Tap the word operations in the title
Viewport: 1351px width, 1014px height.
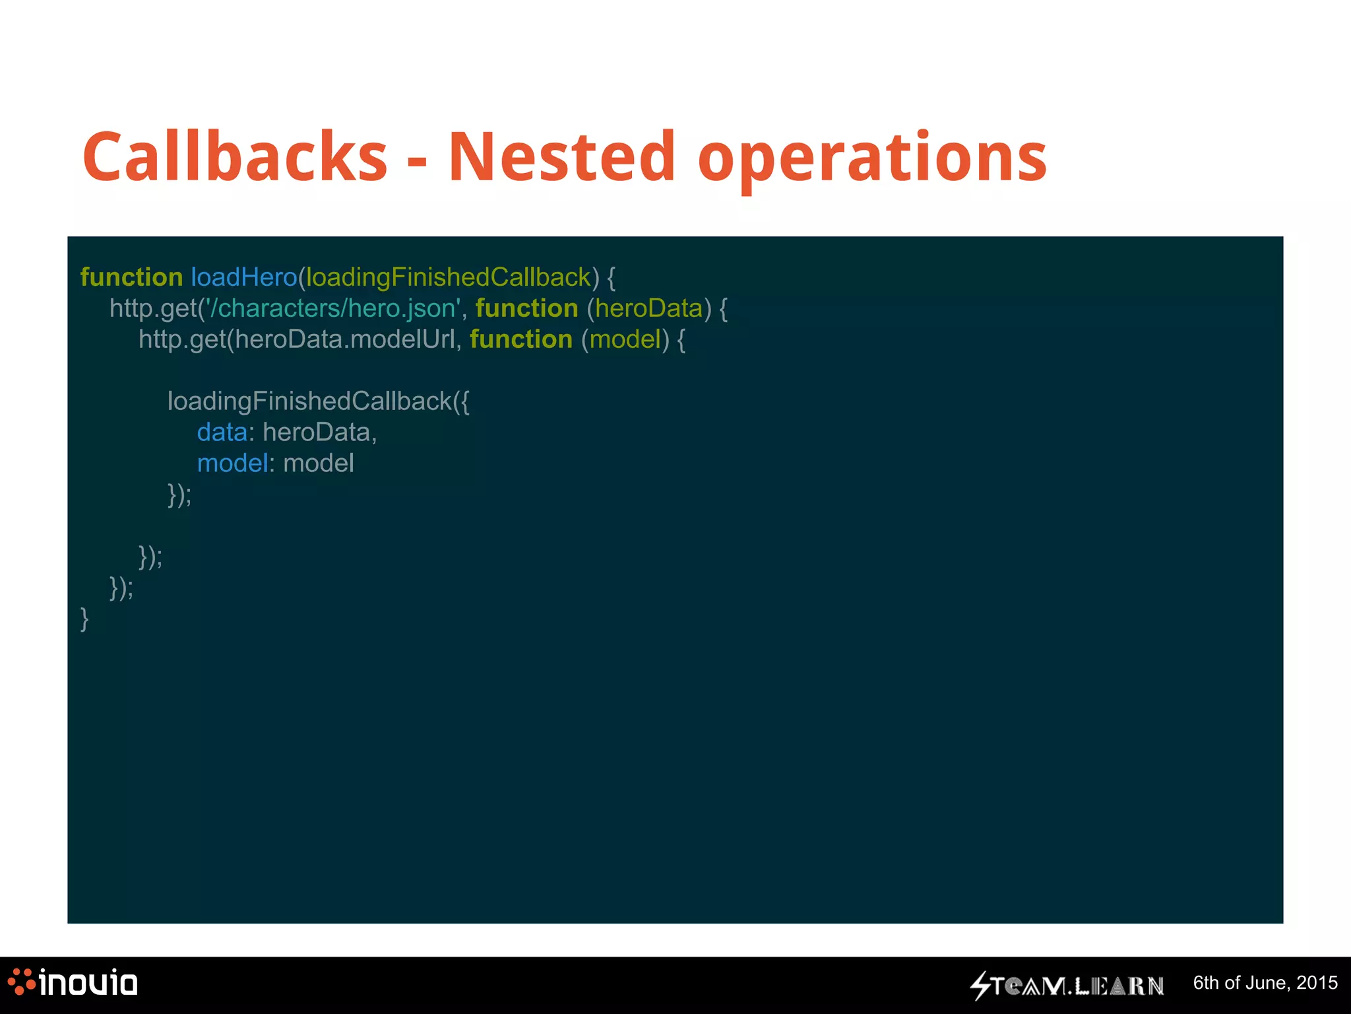pos(872,158)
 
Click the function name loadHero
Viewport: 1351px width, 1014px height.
pos(244,277)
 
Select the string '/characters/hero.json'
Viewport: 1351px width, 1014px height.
pos(332,308)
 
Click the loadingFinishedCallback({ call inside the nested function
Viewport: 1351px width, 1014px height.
pos(318,401)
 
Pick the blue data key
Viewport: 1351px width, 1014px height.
pos(222,432)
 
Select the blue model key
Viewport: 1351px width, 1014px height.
pos(232,463)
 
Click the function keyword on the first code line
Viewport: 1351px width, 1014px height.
pos(131,277)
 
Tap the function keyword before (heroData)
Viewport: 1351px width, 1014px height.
pos(526,308)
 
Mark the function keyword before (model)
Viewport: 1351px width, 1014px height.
pos(521,339)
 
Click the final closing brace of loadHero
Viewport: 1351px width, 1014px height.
pos(84,619)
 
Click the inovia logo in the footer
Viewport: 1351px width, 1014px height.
pos(73,983)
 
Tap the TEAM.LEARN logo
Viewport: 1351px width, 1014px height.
pos(1067,986)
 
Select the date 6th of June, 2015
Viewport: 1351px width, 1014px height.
pos(1265,983)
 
